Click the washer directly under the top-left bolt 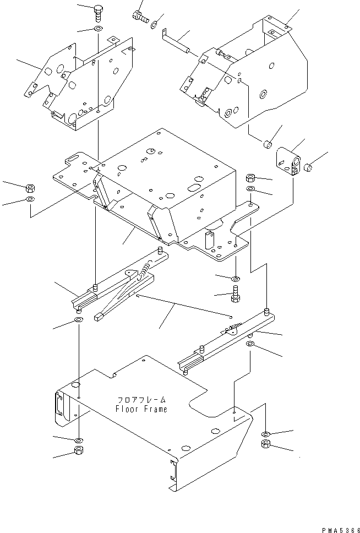[97, 29]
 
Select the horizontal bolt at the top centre [139, 17]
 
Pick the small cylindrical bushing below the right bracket [267, 144]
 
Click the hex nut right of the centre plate [249, 178]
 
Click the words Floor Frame [141, 409]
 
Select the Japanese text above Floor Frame [141, 400]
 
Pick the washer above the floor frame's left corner [78, 320]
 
